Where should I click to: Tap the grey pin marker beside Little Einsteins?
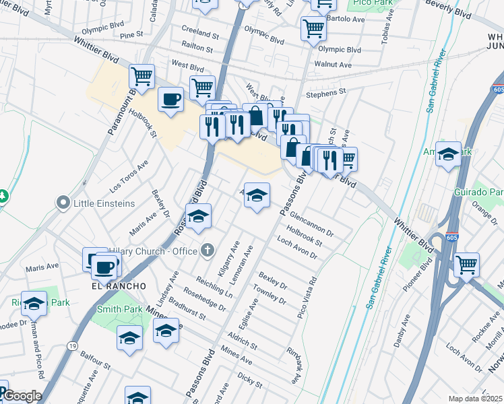pos(64,203)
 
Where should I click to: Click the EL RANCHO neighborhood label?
pos(119,285)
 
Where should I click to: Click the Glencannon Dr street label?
pos(311,224)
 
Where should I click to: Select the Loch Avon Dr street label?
pos(296,248)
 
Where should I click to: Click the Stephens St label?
pos(326,91)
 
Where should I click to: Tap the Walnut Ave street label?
pos(335,65)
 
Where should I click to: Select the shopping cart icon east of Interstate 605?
pos(466,265)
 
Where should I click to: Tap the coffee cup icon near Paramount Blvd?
pos(170,100)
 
